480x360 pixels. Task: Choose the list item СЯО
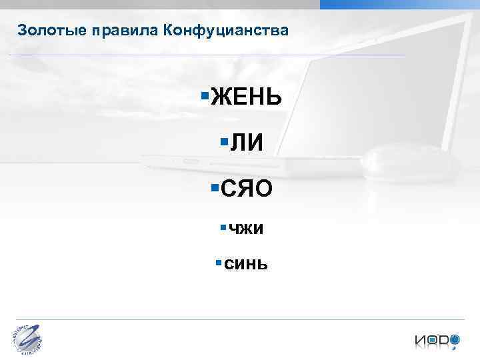(247, 189)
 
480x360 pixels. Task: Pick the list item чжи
(246, 229)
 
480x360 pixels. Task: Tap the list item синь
(246, 264)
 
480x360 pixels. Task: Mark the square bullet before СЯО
(213, 187)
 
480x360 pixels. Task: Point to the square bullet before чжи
(222, 227)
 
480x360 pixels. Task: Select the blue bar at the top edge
(399, 4)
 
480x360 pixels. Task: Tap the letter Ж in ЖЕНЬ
(220, 100)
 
